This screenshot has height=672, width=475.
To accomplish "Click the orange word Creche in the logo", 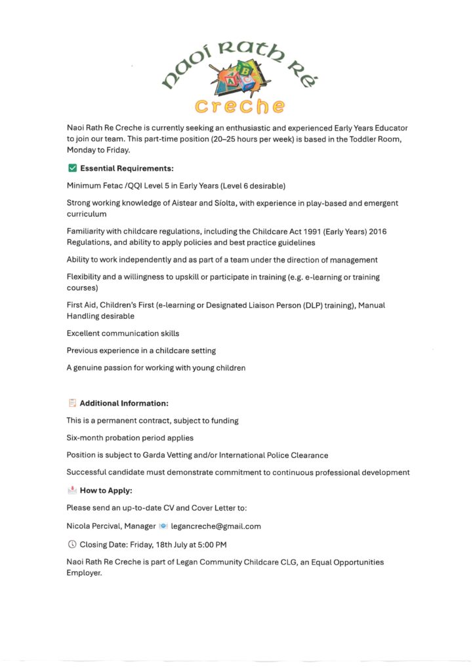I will click(240, 105).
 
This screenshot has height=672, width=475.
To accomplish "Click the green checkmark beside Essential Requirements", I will click(72, 169).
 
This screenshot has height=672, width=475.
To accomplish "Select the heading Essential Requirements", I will click(127, 169).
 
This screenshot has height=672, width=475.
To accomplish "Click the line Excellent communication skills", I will click(123, 333).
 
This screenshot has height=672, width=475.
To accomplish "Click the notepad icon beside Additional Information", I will click(72, 403).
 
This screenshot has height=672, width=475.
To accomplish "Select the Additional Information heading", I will click(124, 403).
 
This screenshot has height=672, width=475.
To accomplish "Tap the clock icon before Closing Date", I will click(72, 544).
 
